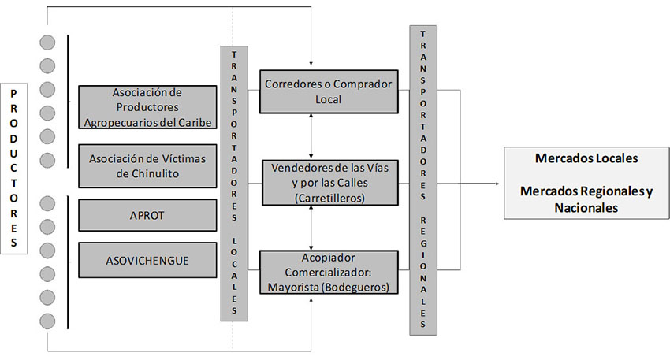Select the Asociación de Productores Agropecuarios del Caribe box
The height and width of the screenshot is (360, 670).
pos(147,106)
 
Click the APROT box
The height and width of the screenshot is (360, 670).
pos(147,215)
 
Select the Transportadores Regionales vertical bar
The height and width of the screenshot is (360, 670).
pos(423,181)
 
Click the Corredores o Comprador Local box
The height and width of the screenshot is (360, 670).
pos(328,91)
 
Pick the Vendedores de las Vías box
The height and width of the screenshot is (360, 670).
pos(328,183)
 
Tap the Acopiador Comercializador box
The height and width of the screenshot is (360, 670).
pos(328,271)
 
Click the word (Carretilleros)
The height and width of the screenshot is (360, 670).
pos(329,198)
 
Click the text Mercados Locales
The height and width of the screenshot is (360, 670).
pos(586,158)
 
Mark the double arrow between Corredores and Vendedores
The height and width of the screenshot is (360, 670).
pos(313,135)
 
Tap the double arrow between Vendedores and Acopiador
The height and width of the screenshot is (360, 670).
pos(313,228)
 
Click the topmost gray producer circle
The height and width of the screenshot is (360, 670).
pos(48,43)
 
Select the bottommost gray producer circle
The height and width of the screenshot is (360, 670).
pos(48,321)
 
